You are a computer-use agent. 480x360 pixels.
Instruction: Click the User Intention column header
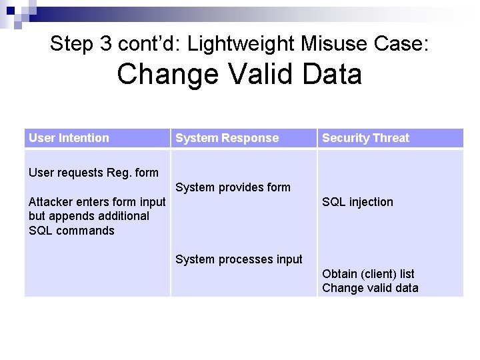click(x=69, y=138)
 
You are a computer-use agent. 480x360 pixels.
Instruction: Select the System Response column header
click(x=227, y=138)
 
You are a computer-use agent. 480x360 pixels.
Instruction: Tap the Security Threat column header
click(x=365, y=138)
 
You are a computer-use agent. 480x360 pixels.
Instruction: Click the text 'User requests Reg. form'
click(x=93, y=173)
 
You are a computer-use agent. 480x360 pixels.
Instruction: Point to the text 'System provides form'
click(x=233, y=187)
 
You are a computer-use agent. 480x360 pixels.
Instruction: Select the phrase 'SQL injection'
click(x=357, y=202)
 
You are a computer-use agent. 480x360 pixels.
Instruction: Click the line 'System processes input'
click(x=239, y=259)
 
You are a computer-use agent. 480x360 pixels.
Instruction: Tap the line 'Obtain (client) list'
click(x=368, y=274)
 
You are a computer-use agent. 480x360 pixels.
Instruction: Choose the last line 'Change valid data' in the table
click(x=370, y=288)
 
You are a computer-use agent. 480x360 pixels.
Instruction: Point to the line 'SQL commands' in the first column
click(x=71, y=231)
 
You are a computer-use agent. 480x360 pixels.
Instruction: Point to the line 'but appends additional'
click(x=89, y=216)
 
